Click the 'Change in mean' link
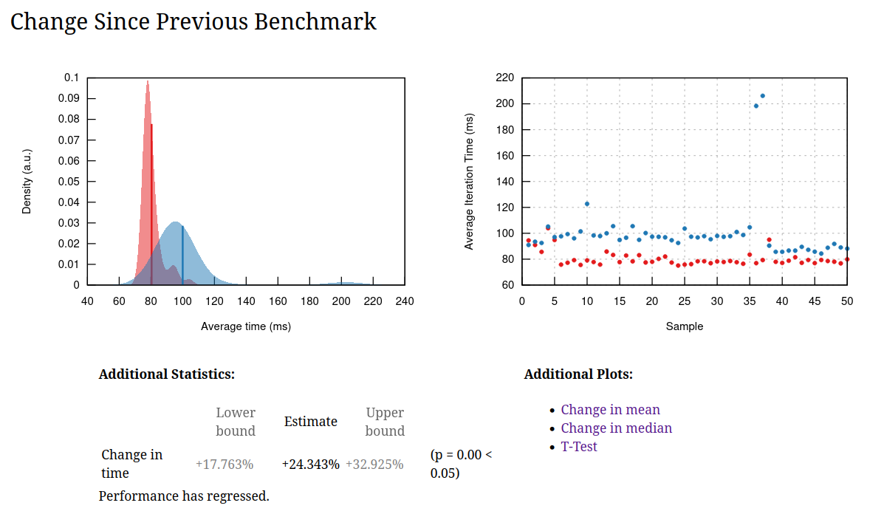tap(610, 410)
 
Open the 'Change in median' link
tap(616, 428)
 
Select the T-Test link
tap(579, 447)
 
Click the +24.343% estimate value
tap(311, 465)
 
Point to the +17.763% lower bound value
tap(225, 465)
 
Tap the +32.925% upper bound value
tap(374, 465)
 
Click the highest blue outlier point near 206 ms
tap(762, 96)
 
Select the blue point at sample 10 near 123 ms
tap(587, 204)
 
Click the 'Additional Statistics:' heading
tap(166, 374)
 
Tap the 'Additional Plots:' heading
tap(578, 374)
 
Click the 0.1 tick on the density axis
tap(72, 78)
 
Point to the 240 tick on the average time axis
tap(405, 301)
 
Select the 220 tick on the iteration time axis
tap(505, 78)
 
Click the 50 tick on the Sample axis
tap(847, 301)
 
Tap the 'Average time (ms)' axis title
tap(246, 326)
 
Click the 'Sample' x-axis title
tap(685, 326)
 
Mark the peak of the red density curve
tap(148, 81)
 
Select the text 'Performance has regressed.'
tap(184, 496)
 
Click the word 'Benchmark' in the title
tap(315, 21)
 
